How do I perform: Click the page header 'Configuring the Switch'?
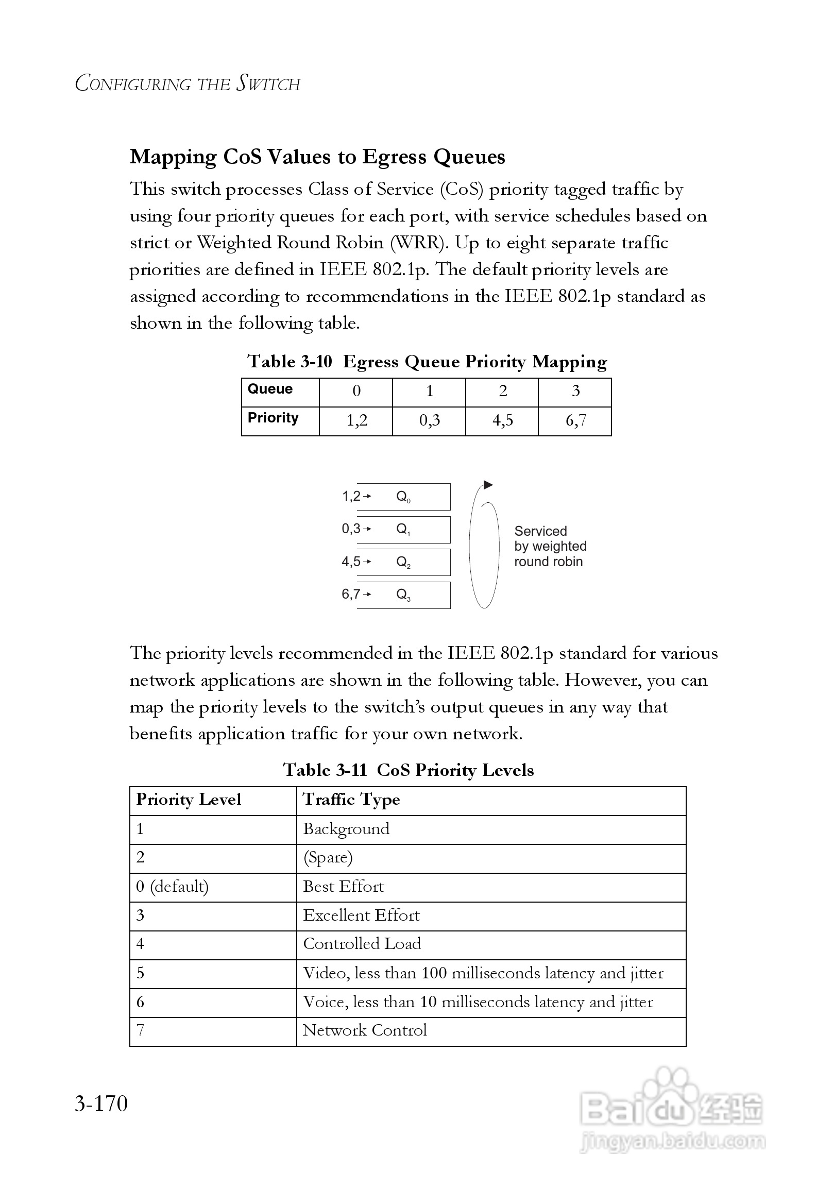188,83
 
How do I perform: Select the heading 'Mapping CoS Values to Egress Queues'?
317,157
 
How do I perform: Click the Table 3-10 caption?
427,362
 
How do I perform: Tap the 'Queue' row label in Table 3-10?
270,389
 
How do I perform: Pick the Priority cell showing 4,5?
502,420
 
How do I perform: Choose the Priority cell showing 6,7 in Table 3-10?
575,420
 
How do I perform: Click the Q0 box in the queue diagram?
403,497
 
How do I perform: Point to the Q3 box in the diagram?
403,595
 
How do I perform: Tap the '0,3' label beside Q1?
351,529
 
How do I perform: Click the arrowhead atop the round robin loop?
488,485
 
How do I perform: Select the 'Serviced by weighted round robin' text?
550,546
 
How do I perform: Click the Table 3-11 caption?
408,770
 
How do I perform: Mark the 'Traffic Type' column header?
351,800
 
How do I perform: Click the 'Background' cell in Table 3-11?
346,829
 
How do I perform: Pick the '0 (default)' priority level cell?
172,887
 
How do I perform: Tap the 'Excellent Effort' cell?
361,915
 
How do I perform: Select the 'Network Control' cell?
365,1030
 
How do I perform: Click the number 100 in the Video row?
434,973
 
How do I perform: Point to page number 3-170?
101,1104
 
